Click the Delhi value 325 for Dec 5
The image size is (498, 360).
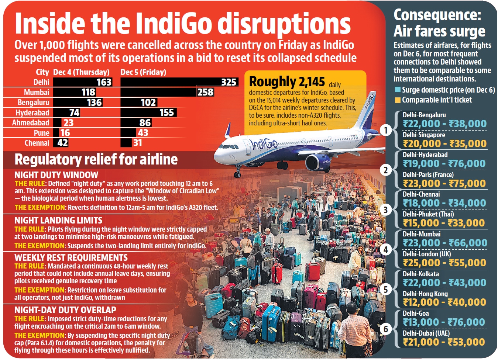229,82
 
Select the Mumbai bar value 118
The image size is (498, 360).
88,92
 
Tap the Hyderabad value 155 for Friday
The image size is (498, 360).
166,112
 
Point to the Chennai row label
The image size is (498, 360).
37,143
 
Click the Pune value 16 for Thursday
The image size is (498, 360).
65,133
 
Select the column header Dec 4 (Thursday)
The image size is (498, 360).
81,72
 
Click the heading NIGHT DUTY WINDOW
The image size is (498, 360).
56,175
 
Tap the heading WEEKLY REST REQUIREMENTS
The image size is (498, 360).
71,257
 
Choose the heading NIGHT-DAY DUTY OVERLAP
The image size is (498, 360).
65,310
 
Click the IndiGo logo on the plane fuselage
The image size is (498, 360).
263,144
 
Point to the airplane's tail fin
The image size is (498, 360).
365,107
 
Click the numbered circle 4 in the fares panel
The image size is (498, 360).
385,250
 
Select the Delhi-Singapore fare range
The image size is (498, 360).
444,143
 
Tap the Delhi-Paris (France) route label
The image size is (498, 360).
428,174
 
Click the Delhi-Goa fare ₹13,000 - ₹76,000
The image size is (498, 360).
444,322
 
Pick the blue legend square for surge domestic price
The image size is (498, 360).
398,90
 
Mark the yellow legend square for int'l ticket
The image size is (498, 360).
398,100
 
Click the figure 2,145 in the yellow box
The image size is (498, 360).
312,82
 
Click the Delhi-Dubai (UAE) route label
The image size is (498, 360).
426,333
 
